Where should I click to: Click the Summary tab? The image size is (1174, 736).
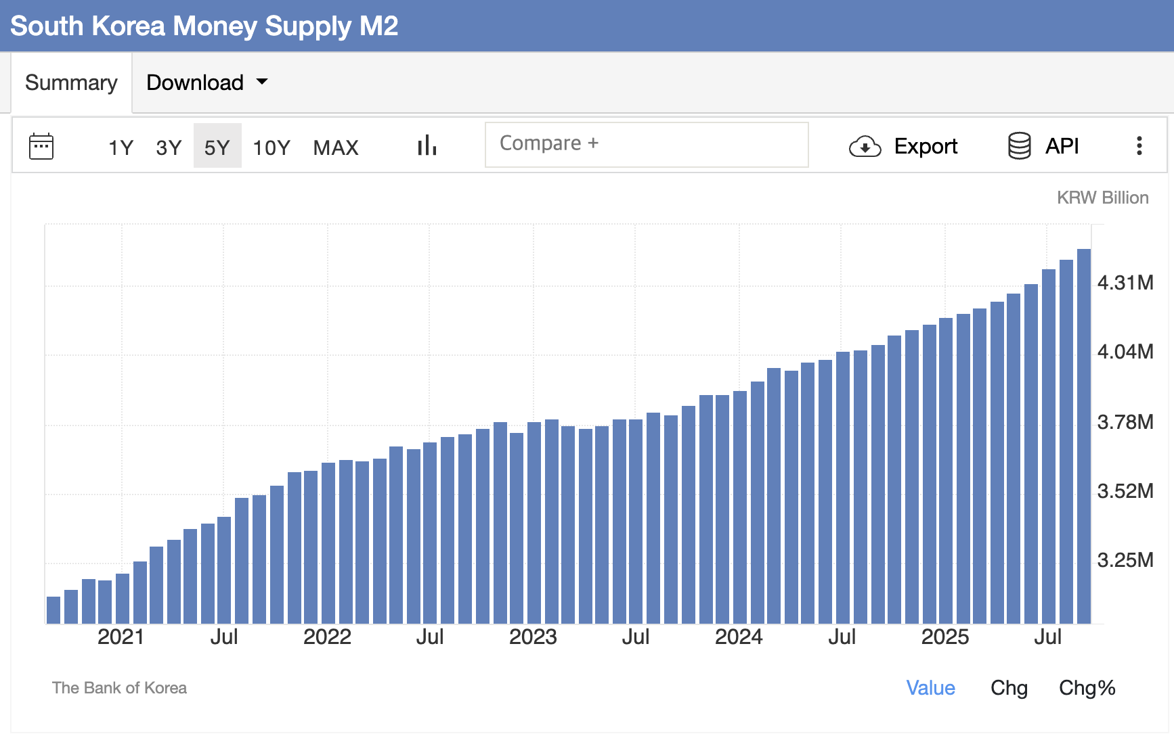point(71,83)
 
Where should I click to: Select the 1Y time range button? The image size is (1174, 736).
point(121,147)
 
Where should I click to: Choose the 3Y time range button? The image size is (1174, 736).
point(169,147)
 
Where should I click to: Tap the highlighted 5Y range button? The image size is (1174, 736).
point(217,147)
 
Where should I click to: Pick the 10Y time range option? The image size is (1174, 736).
point(271,147)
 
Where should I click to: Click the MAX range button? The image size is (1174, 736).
point(336,147)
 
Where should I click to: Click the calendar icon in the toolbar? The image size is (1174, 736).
point(41,146)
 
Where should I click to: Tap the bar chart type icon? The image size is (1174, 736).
point(427,145)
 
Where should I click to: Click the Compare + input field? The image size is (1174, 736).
point(646,144)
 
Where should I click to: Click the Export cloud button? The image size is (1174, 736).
point(903,146)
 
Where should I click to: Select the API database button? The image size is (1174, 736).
point(1043,146)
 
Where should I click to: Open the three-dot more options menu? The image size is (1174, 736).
point(1139,146)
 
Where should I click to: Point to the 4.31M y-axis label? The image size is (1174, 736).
point(1125,283)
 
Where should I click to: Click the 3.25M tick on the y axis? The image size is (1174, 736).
point(1125,560)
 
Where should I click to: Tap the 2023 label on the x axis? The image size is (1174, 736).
point(533,637)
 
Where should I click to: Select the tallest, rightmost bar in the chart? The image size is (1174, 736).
point(1084,436)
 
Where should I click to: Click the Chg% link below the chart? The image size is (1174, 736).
point(1087,688)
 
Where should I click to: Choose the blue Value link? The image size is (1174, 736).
point(930,688)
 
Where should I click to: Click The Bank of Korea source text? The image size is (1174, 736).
point(119,688)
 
